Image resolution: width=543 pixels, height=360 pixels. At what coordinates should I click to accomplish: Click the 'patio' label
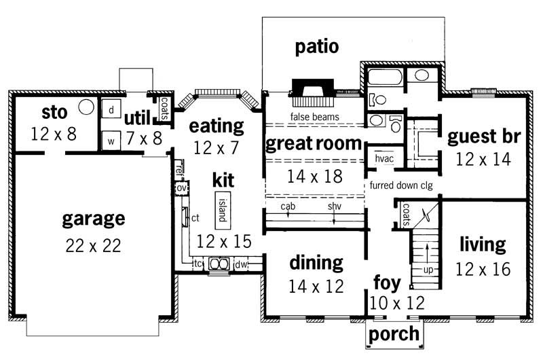[x=316, y=47]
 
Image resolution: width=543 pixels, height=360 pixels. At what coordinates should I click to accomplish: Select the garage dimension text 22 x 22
[x=93, y=246]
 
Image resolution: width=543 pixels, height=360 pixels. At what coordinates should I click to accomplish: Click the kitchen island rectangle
[x=222, y=210]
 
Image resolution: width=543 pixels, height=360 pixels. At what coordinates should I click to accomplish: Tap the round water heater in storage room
[x=86, y=106]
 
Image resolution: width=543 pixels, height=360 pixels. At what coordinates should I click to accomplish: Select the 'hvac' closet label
[x=384, y=159]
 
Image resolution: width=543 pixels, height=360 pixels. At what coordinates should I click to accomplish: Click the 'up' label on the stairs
[x=428, y=270]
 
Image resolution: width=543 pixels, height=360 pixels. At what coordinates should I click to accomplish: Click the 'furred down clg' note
[x=402, y=185]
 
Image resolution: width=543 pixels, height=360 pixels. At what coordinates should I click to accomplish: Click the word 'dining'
[x=315, y=262]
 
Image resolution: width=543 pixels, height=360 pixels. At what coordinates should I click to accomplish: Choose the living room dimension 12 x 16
[x=483, y=269]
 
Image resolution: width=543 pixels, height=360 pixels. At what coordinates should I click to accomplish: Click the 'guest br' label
[x=483, y=137]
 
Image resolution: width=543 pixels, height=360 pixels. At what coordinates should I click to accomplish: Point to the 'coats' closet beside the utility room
[x=164, y=109]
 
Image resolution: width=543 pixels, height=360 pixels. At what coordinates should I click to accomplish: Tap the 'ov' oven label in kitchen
[x=181, y=187]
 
